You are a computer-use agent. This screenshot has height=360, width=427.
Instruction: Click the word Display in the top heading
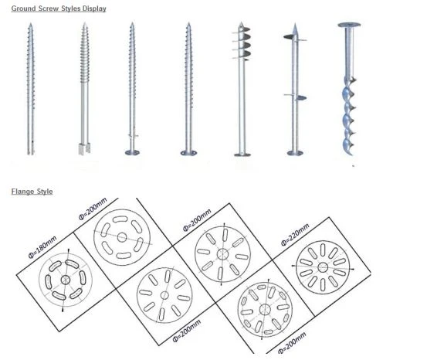coord(94,8)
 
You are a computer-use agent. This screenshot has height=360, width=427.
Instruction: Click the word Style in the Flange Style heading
coord(45,192)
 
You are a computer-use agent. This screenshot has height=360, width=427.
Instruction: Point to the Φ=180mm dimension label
coord(42,247)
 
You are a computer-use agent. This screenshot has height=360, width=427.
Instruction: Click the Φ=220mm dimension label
coord(295,235)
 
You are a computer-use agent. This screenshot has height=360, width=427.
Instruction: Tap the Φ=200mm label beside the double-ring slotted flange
coord(292,343)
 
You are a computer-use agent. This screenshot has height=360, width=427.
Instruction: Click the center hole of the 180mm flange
coord(66,280)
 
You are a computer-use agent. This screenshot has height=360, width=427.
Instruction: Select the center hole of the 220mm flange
coord(323,267)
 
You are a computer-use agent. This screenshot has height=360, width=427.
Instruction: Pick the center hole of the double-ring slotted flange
coord(265,309)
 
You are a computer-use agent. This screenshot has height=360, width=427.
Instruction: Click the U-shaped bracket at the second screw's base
coord(84,149)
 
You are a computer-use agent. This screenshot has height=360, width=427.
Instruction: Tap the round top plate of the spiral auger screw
coord(349,25)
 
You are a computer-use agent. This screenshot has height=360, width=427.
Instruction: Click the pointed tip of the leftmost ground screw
coord(31,24)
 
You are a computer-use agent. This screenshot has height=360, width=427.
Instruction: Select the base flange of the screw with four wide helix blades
coord(242,155)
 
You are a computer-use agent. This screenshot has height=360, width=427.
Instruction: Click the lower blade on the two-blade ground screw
coord(300,98)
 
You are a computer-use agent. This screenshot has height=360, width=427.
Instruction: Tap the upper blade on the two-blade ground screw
coord(289,37)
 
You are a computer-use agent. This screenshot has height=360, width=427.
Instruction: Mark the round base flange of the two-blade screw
coord(295,153)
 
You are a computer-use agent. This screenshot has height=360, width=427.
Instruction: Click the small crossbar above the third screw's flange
coord(133,135)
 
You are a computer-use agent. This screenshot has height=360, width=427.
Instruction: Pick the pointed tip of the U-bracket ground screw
coord(85,24)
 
